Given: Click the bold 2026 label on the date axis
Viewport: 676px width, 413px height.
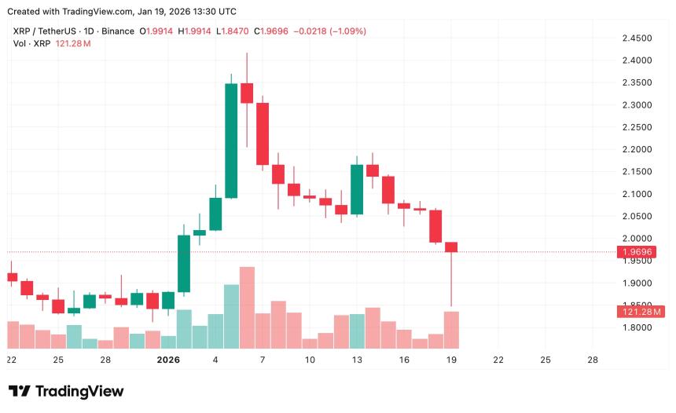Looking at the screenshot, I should coord(168,360).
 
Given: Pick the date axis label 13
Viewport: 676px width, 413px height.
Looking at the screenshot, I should coord(357,360).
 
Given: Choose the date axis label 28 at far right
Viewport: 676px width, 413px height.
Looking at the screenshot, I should coord(593,360).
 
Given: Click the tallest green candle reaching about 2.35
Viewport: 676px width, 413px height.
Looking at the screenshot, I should coord(231,141).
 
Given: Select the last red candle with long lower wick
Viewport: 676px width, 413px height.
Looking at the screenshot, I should coord(451,247).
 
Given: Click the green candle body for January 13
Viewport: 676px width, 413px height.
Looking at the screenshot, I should coord(357,189).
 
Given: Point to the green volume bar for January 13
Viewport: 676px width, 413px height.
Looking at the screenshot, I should coord(357,331).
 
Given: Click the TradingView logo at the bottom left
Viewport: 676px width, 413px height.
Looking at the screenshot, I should coord(66,391).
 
